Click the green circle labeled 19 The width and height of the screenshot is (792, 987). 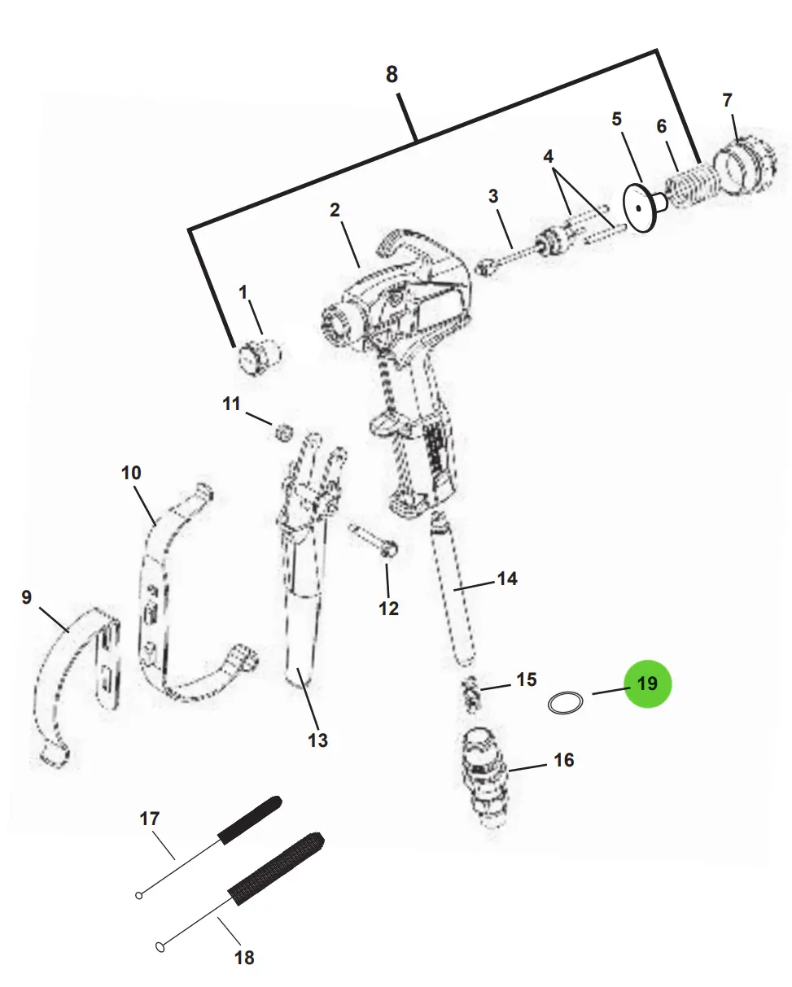(x=647, y=683)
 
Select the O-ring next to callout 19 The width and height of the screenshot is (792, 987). (x=566, y=703)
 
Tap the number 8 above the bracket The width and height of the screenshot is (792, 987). (x=392, y=74)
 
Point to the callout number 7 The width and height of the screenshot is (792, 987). (x=728, y=100)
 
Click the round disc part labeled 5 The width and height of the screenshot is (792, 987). (x=639, y=207)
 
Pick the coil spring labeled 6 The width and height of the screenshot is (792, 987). (x=692, y=186)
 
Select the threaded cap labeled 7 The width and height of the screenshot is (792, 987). (x=744, y=164)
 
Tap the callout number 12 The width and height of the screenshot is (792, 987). (x=388, y=609)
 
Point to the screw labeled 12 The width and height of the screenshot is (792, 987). (x=373, y=541)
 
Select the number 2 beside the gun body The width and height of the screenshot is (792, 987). (x=335, y=210)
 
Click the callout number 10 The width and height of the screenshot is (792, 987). (x=131, y=473)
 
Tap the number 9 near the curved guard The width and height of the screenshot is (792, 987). (x=27, y=597)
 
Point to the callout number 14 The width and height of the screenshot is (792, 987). (x=507, y=579)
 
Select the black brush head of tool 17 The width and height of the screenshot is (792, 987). (x=250, y=820)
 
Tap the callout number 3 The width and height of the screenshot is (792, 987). (x=492, y=196)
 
